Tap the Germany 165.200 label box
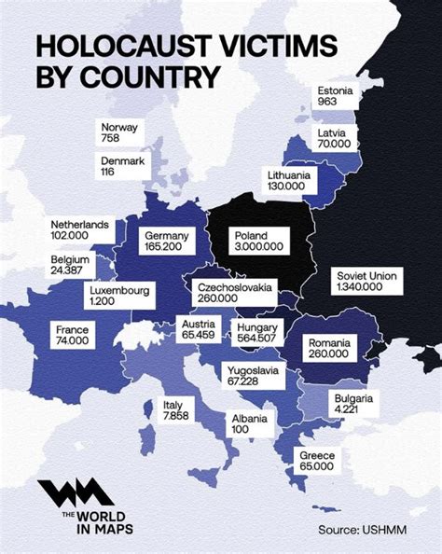tap(168, 242)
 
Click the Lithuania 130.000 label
tap(290, 181)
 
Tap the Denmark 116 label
tap(123, 167)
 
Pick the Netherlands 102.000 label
tap(81, 230)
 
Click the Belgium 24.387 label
tap(73, 264)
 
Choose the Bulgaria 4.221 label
tap(351, 404)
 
